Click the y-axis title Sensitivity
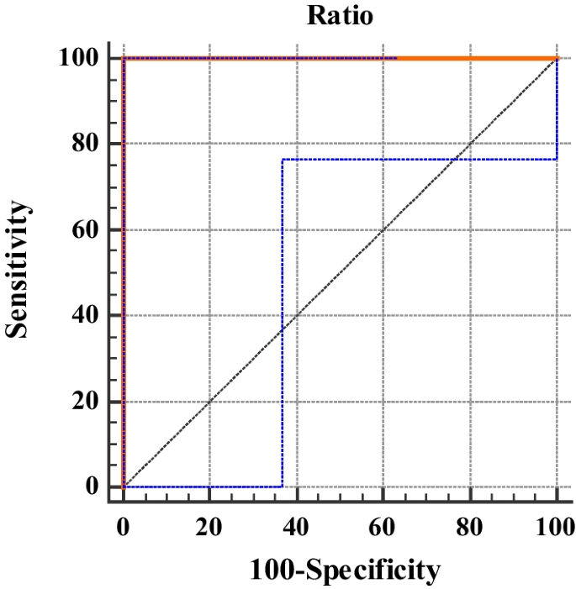click(18, 271)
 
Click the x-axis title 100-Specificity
click(345, 571)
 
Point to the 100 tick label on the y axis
click(78, 58)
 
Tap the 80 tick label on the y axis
click(84, 144)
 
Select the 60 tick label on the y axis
click(84, 229)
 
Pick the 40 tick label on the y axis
click(84, 316)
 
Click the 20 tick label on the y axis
click(84, 402)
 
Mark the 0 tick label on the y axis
click(91, 487)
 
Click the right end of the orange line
click(557, 58)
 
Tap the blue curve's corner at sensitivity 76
click(283, 160)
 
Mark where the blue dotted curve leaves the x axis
click(283, 486)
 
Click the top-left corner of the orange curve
click(124, 58)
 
